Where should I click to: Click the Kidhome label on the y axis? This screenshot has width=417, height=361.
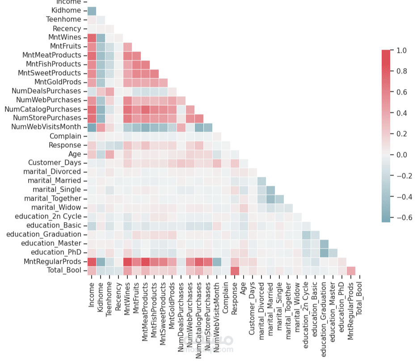[x=66, y=10]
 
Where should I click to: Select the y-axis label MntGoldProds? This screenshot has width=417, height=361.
[x=58, y=82]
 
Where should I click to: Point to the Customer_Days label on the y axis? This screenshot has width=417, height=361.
[x=55, y=163]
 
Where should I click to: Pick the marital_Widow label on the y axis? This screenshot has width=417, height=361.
[x=56, y=207]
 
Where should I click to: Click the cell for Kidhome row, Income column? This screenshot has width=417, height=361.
[x=92, y=10]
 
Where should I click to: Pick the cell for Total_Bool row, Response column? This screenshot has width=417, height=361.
[x=235, y=270]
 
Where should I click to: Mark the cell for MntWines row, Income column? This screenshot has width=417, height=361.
[x=92, y=37]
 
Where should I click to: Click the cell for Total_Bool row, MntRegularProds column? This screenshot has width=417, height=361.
[x=351, y=270]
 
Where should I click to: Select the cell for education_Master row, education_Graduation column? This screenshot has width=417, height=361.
[x=324, y=243]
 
